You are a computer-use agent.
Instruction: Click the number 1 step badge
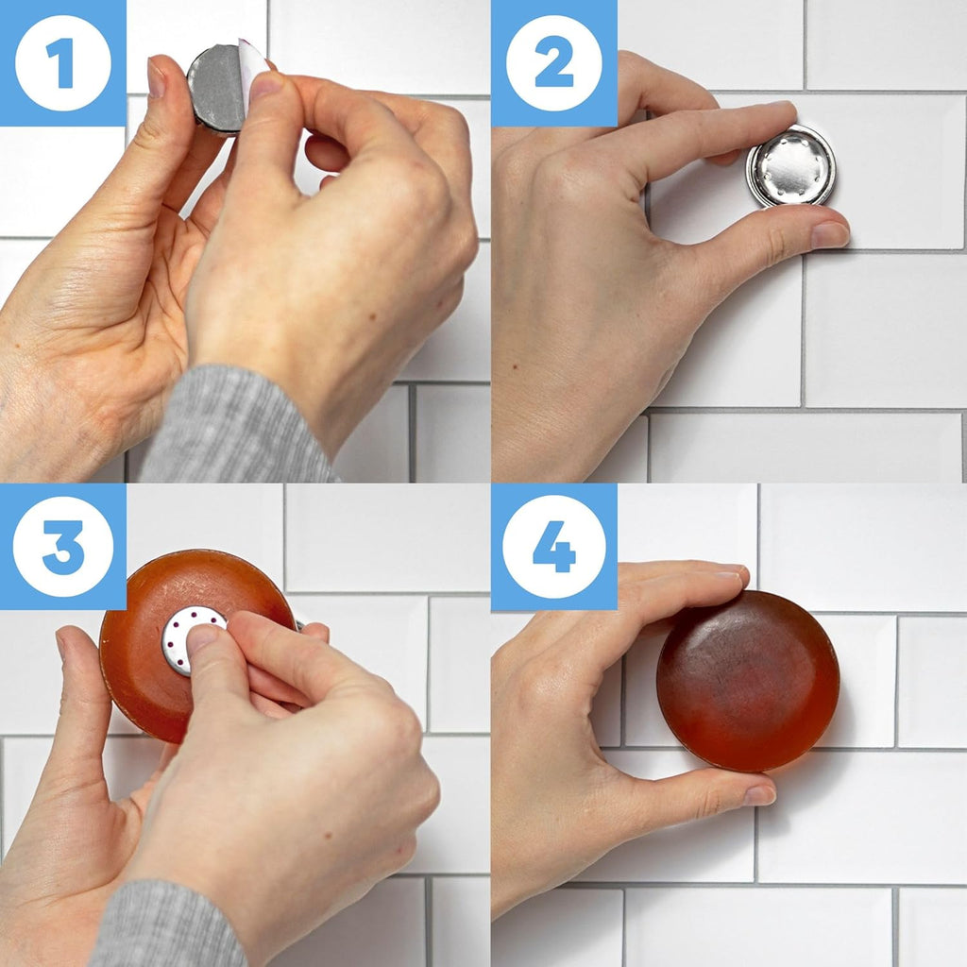click(x=63, y=63)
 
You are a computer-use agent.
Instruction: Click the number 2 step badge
click(x=554, y=63)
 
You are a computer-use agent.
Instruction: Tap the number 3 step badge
click(x=63, y=547)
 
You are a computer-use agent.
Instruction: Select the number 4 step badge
click(x=554, y=547)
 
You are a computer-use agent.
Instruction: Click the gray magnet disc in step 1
click(x=215, y=90)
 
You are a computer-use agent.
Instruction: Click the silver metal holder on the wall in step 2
click(x=791, y=165)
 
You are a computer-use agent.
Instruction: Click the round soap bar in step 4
click(x=747, y=681)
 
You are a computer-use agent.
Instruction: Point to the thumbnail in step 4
click(x=759, y=795)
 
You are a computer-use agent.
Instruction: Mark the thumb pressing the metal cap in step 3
click(x=203, y=647)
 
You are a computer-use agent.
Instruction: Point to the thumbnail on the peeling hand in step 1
click(x=266, y=87)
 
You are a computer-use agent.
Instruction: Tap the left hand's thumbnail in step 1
click(x=156, y=78)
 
